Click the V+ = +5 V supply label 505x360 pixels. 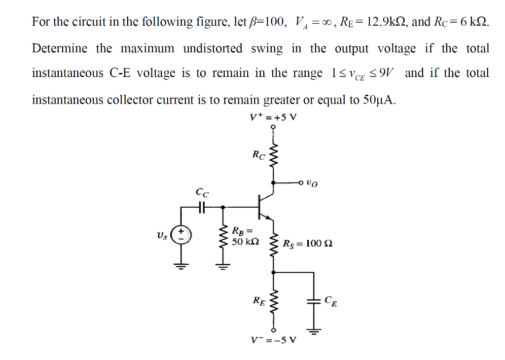274,118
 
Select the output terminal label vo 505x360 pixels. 312,183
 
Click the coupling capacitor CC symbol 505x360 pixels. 201,208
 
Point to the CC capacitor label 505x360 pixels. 202,192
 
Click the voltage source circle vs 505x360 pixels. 181,234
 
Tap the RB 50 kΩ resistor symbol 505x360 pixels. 222,238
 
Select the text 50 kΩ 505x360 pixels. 245,242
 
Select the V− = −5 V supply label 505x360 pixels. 274,340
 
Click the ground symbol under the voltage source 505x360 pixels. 181,266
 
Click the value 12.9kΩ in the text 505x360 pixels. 383,22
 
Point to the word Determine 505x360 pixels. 60,48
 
